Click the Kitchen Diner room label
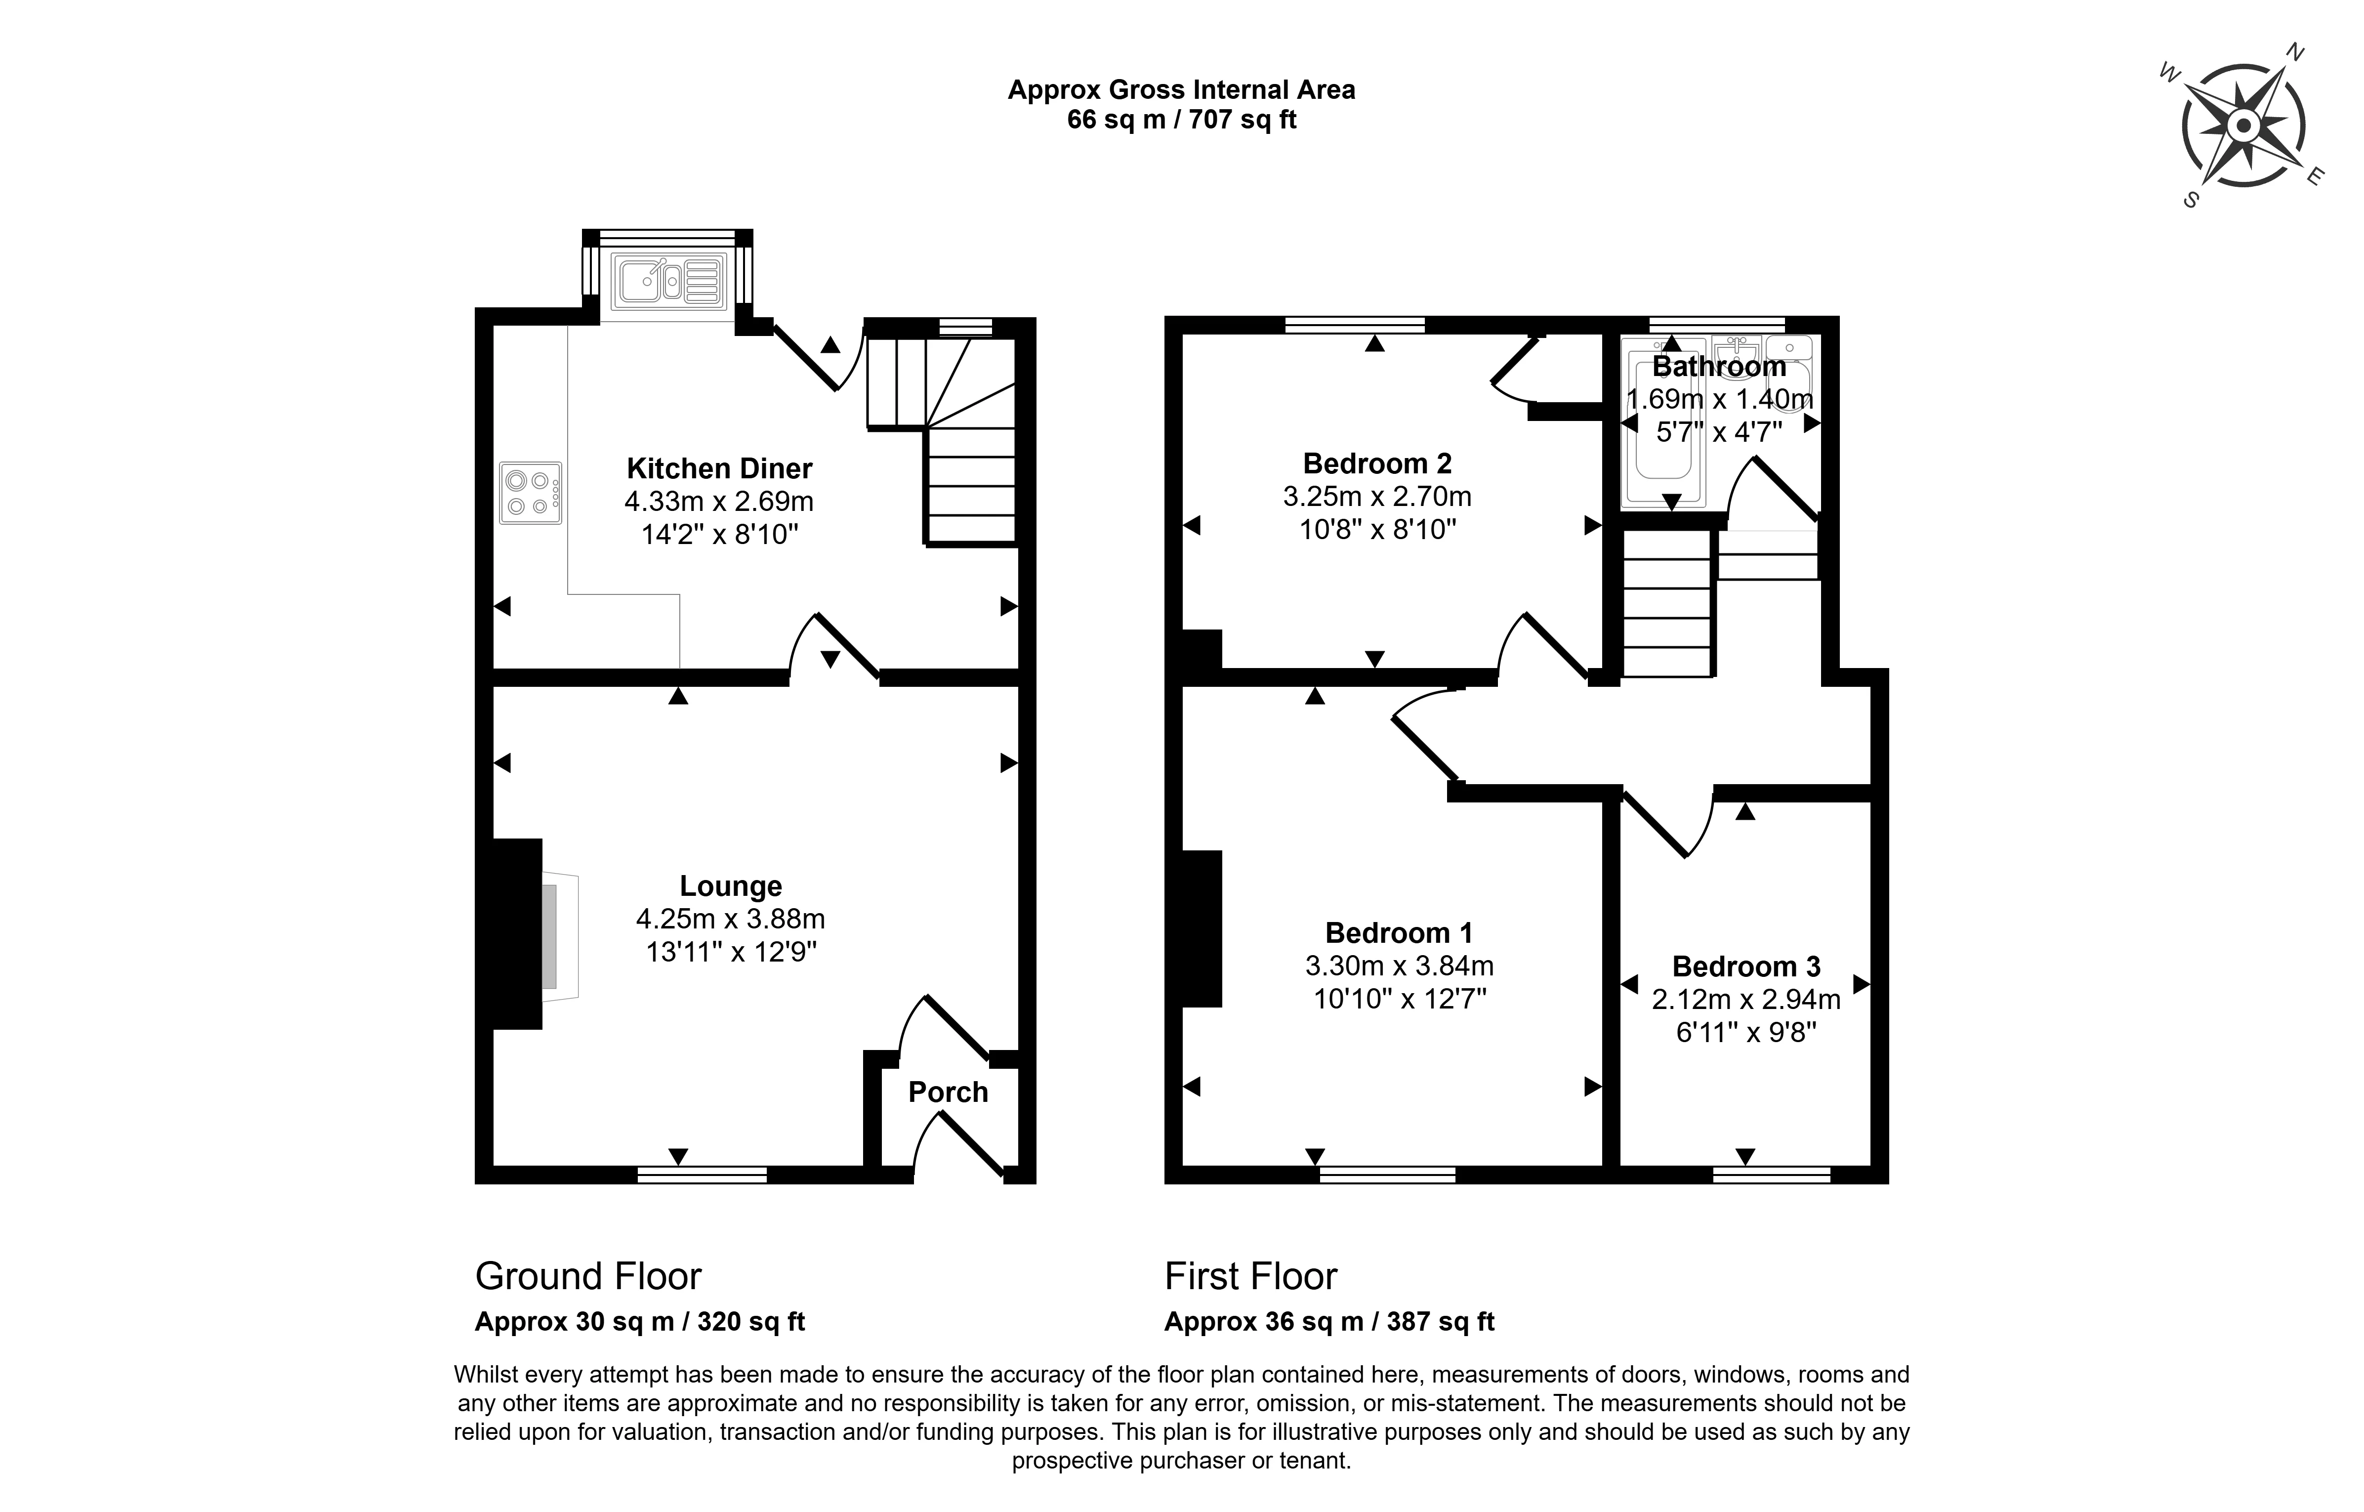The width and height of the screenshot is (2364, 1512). tap(720, 468)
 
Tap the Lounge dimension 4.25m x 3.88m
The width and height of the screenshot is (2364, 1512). tap(730, 919)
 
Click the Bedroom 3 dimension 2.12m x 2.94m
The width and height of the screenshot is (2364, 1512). tap(1745, 1000)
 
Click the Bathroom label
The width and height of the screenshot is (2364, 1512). tap(1719, 366)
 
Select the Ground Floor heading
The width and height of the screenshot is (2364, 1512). tap(588, 1276)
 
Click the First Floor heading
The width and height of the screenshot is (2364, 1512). tap(1251, 1276)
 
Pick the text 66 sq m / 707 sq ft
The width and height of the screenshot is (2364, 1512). tap(1181, 120)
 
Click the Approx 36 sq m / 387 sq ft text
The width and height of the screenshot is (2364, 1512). tap(1329, 1322)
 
